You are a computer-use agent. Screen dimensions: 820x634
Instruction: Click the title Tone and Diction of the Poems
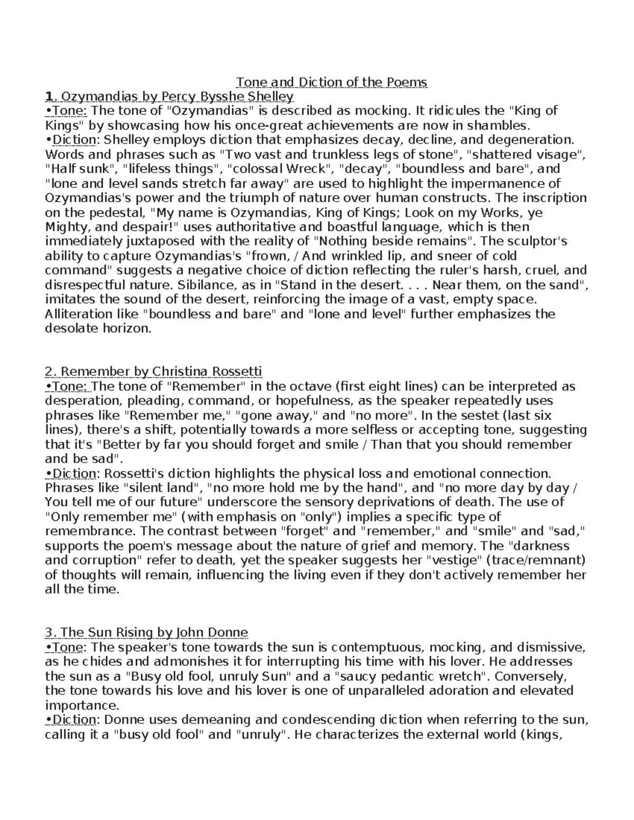(331, 82)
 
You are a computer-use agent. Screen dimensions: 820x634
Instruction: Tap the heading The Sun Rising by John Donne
(153, 632)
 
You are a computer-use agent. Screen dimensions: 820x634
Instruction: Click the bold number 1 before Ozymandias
(49, 97)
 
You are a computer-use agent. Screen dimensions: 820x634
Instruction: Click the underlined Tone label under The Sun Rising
(70, 647)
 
